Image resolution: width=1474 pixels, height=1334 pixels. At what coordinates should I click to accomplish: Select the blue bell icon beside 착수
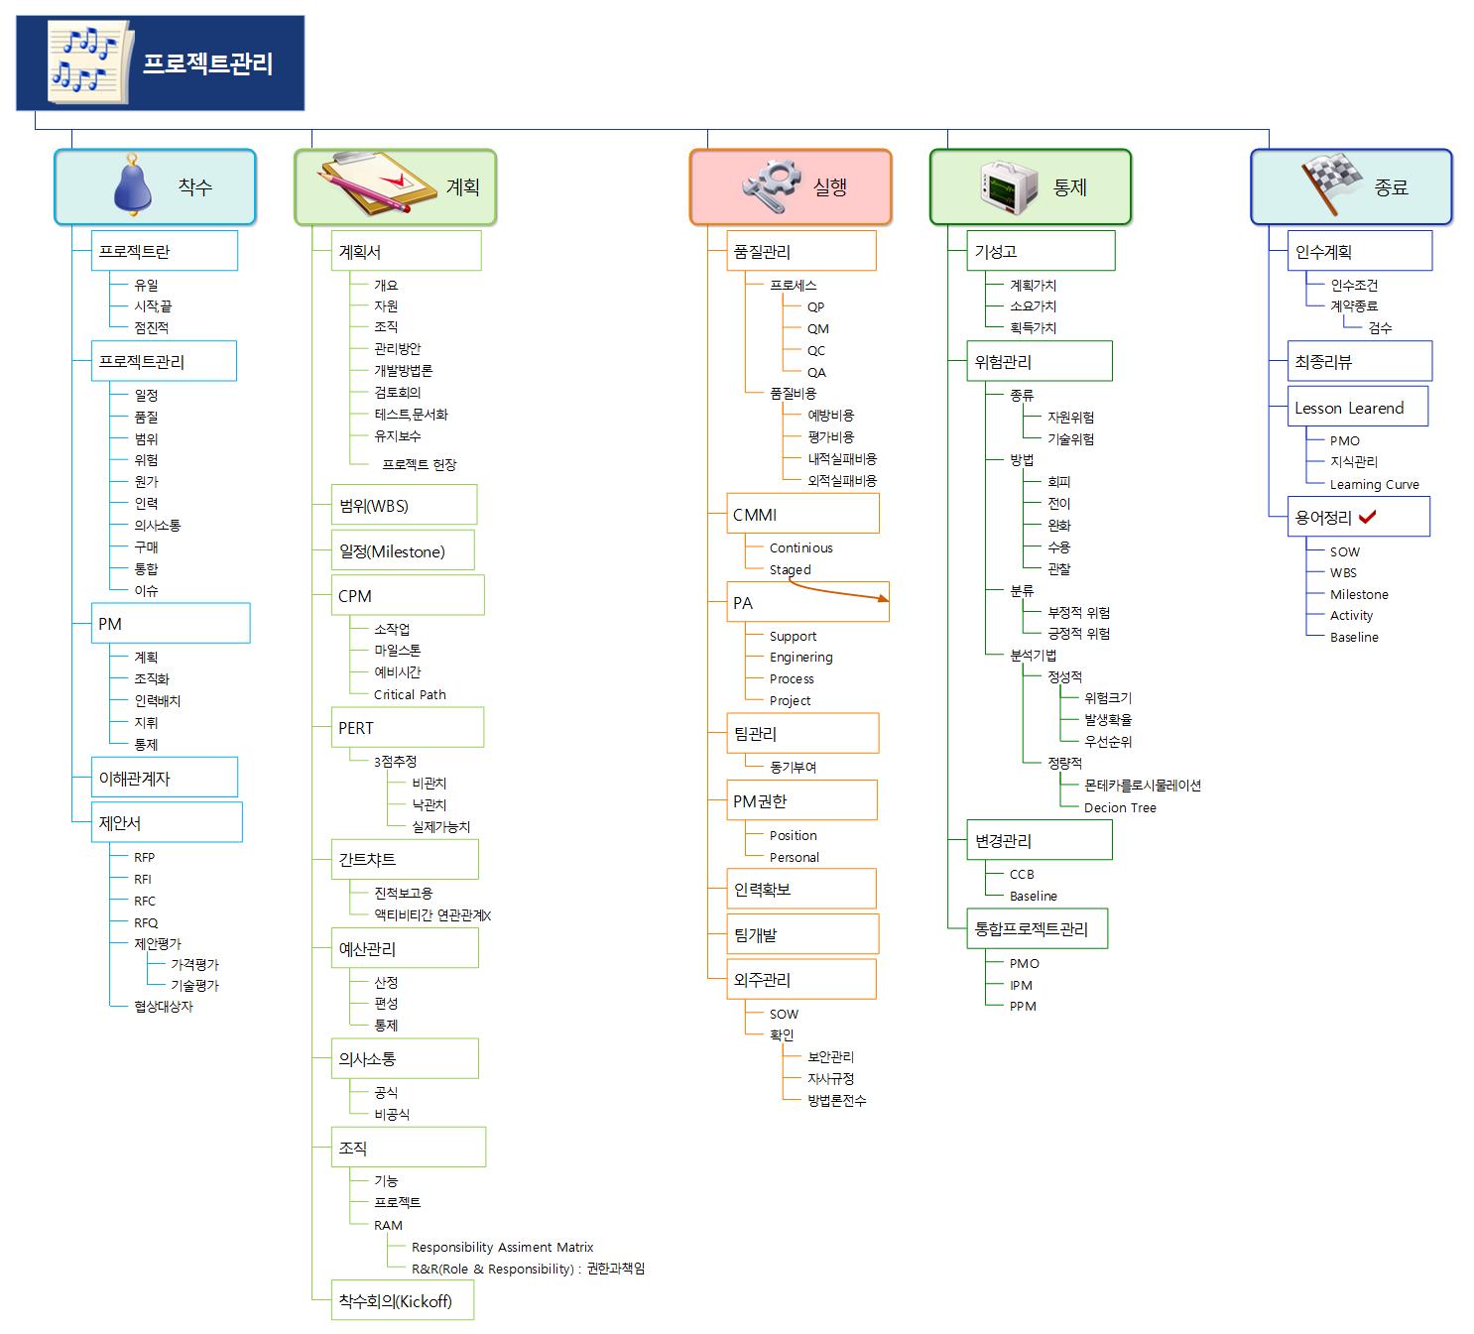tap(132, 185)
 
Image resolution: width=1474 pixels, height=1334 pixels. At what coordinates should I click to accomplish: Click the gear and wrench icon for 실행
tap(771, 185)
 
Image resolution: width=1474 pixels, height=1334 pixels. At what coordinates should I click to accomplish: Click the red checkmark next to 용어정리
tap(1367, 517)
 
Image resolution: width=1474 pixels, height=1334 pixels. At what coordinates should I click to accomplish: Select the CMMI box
tap(802, 514)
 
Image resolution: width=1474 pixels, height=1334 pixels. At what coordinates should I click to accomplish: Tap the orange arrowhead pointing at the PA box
tap(881, 598)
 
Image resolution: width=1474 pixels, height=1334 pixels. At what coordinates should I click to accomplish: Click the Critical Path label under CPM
tap(410, 694)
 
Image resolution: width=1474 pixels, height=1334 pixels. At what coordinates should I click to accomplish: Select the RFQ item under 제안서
tap(146, 922)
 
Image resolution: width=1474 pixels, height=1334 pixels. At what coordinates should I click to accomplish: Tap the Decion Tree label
tap(1120, 807)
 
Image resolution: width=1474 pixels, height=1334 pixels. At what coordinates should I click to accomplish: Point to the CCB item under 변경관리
tap(1022, 874)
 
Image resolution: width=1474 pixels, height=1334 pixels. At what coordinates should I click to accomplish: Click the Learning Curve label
tap(1374, 484)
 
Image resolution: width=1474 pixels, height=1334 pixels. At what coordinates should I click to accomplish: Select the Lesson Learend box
tap(1357, 408)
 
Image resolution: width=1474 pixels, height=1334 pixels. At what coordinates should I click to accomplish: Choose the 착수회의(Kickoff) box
tap(402, 1300)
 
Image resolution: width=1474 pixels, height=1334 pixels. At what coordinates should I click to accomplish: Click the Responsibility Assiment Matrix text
tap(502, 1247)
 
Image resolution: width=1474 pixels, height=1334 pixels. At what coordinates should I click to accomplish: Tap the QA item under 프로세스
tap(816, 372)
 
